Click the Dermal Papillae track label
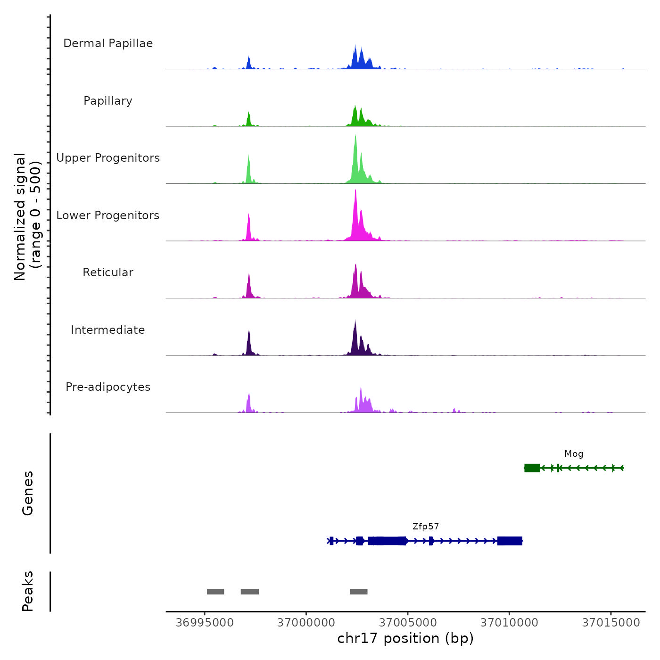coord(108,43)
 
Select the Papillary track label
coord(108,101)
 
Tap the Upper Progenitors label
coord(108,158)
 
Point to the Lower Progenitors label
coord(108,215)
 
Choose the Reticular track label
coord(108,272)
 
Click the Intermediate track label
coord(108,330)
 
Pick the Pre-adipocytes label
coord(108,387)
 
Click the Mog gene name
coord(574,454)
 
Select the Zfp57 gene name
coord(426,527)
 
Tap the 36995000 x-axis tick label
coord(205,623)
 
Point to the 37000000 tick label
coord(306,623)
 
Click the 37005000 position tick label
coord(408,623)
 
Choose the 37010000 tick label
coord(509,623)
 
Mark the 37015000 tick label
coord(611,623)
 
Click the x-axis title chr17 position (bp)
coord(405,638)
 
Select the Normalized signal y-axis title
coord(27,217)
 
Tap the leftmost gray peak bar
coord(215,592)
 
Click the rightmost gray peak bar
coord(358,592)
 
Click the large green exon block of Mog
coord(532,468)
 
